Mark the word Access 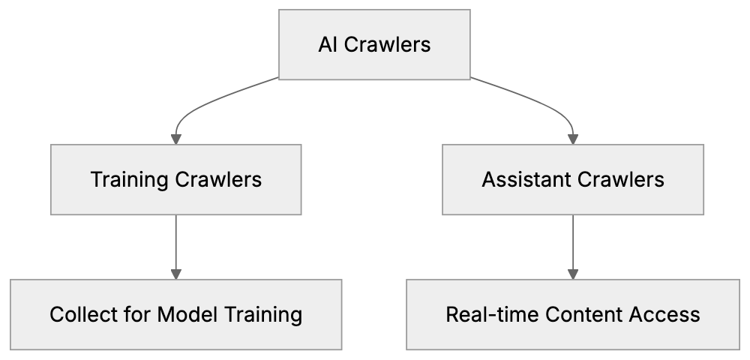663,314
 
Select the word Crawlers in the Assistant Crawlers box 627,180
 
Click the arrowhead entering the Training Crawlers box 176,139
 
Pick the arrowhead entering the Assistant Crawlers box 574,139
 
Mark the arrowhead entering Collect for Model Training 176,274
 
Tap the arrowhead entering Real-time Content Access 574,274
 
